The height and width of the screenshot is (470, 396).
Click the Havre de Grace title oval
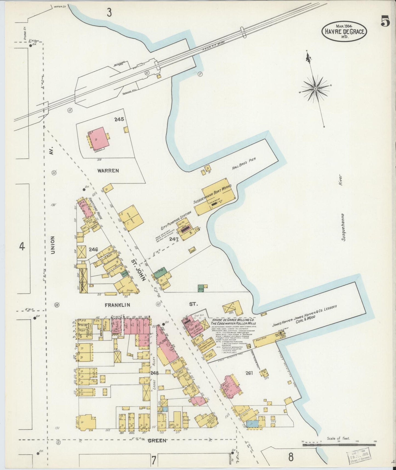point(344,32)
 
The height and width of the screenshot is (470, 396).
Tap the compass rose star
point(315,89)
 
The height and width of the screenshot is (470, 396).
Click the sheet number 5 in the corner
point(385,21)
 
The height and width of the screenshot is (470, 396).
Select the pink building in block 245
point(98,138)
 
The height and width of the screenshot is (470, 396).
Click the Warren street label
point(108,171)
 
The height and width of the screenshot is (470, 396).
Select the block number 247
point(174,239)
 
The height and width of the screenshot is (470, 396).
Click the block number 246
point(93,250)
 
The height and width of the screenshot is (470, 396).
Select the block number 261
point(249,373)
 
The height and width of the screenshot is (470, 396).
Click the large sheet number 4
point(22,247)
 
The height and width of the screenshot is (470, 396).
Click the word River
point(341,180)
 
